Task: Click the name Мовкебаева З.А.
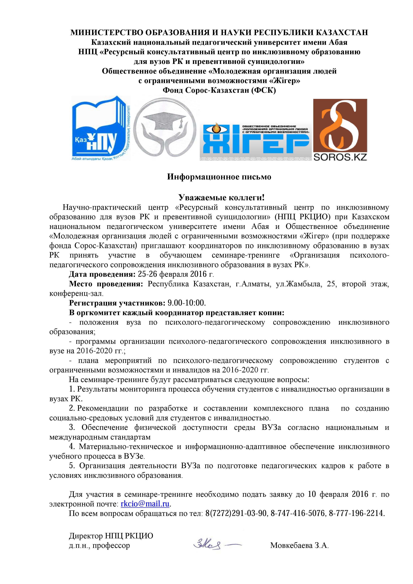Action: click(299, 545)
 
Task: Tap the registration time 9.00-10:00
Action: click(186, 303)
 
